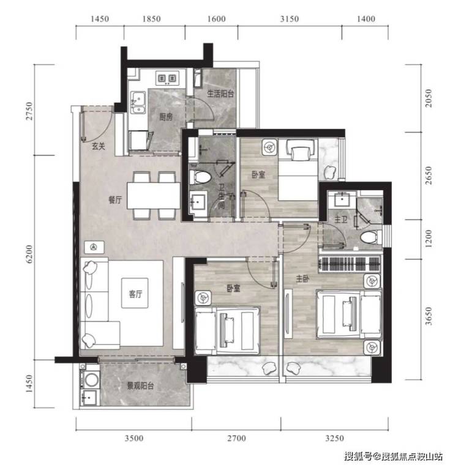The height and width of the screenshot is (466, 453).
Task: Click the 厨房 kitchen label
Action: (x=166, y=117)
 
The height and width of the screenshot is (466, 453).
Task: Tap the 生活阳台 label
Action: (x=220, y=94)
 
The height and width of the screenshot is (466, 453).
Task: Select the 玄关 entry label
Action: (x=98, y=146)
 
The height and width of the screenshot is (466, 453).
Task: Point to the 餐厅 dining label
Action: (x=115, y=200)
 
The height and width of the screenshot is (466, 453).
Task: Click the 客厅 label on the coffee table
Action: (x=135, y=294)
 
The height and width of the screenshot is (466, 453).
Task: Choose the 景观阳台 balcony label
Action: (x=140, y=386)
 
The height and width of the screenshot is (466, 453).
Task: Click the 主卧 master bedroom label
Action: (x=302, y=279)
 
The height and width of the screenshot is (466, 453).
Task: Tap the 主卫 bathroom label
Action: (x=341, y=220)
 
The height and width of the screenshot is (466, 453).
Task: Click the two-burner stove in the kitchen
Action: (x=167, y=78)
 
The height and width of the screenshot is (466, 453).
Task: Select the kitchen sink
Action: (x=138, y=102)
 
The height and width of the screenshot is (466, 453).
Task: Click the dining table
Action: (x=154, y=196)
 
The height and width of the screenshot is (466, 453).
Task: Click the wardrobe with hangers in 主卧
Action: (x=349, y=264)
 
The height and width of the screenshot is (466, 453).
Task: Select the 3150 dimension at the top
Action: (x=289, y=19)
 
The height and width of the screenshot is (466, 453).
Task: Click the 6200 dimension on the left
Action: (x=29, y=254)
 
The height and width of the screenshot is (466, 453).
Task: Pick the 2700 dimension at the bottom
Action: (x=236, y=438)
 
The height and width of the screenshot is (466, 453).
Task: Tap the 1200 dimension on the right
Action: (x=428, y=239)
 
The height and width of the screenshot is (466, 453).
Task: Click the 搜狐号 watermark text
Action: (x=358, y=456)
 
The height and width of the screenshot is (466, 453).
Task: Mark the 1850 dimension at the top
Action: (x=151, y=19)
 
